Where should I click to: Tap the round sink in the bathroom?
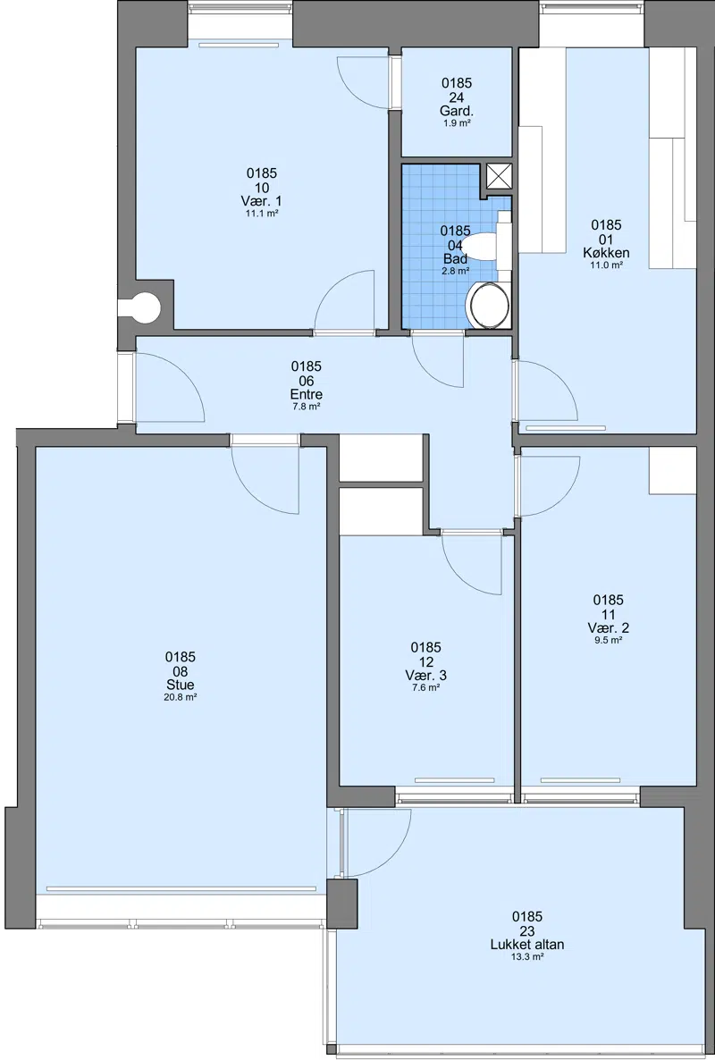point(489,306)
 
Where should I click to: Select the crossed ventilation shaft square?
point(499,176)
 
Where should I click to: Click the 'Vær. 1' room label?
point(261,201)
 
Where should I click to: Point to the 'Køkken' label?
point(606,253)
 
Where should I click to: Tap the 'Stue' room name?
point(181,686)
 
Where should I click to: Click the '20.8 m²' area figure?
point(181,698)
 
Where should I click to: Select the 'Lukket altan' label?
point(527,945)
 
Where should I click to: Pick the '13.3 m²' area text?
point(527,956)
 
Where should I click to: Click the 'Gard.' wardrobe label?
point(456,111)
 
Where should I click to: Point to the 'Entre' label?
point(307,395)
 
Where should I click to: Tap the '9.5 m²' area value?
point(609,641)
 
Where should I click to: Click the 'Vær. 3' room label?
point(425,676)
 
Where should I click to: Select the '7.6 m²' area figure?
point(425,687)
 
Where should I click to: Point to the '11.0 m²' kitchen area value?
point(606,265)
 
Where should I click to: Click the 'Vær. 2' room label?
point(609,628)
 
